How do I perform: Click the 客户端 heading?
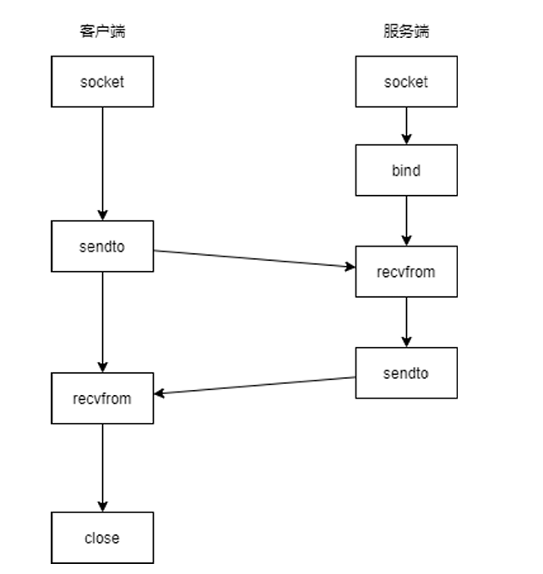tap(102, 32)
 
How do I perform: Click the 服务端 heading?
tap(406, 32)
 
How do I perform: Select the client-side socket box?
tap(102, 82)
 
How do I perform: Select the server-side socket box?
tap(406, 82)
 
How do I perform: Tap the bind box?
tap(406, 171)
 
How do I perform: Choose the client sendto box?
tap(102, 246)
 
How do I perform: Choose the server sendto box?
tap(406, 372)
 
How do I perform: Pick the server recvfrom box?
tap(406, 272)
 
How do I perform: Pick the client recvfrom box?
tap(102, 398)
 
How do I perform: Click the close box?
tap(102, 538)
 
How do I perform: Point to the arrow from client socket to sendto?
tap(102, 160)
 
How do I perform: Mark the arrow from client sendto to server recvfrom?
tap(253, 258)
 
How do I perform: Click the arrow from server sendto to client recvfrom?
tap(253, 386)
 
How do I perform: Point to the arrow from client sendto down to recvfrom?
tap(102, 321)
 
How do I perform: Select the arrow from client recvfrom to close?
tap(102, 467)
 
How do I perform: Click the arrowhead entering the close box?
tap(102, 506)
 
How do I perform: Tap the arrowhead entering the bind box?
tap(406, 139)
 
